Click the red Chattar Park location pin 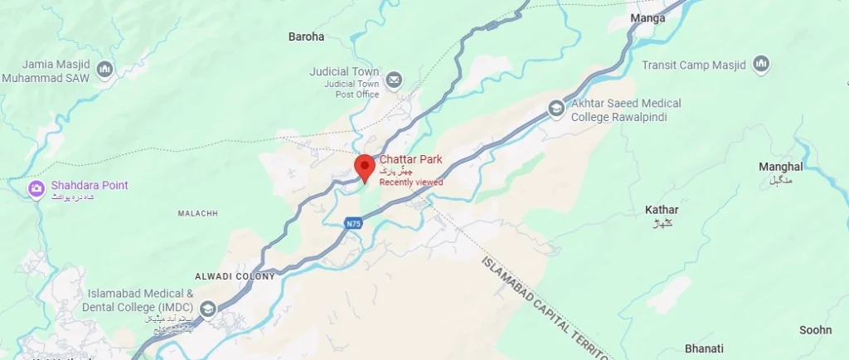(x=363, y=166)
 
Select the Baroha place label (x=306, y=36)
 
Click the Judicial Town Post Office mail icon (x=394, y=80)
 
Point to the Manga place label (x=648, y=17)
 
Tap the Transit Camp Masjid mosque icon (x=761, y=64)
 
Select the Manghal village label (x=780, y=167)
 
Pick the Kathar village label (x=662, y=210)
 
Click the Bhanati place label (x=704, y=348)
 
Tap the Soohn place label (x=815, y=330)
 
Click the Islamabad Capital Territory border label (x=547, y=308)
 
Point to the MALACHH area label (x=197, y=213)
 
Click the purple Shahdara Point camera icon (x=36, y=190)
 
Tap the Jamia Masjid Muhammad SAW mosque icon (x=105, y=70)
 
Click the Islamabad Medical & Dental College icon (x=207, y=310)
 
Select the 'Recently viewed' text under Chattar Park (x=411, y=182)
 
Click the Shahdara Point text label (x=90, y=185)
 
